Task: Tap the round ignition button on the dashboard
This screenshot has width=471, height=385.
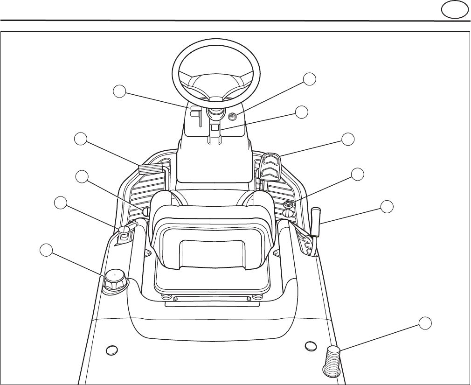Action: [232, 117]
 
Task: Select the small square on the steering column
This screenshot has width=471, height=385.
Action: [215, 127]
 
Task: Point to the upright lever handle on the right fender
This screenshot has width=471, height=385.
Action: [316, 219]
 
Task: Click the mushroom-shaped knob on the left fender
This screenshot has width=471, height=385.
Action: [124, 231]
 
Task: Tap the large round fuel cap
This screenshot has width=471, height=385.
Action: [113, 280]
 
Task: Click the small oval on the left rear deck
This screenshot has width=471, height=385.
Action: [111, 350]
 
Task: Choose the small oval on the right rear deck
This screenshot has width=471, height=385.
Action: [311, 346]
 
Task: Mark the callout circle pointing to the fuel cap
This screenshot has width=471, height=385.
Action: [46, 250]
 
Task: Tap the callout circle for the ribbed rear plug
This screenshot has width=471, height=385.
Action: [424, 322]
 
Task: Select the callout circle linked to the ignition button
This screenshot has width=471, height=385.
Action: [309, 79]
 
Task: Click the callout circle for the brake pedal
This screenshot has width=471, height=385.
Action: [81, 139]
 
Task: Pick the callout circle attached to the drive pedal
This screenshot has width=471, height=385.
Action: [348, 139]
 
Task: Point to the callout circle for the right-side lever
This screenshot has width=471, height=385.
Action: [387, 207]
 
